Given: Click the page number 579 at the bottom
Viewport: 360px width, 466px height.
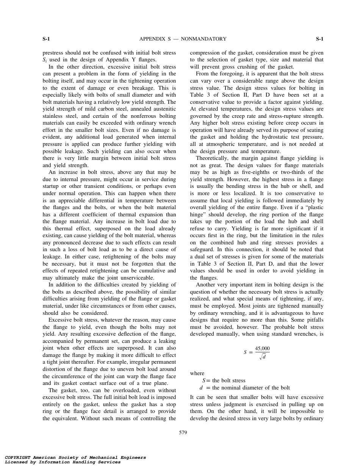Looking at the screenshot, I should pyautogui.click(x=183, y=432).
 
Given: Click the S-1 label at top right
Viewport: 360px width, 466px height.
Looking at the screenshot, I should pyautogui.click(x=319, y=39).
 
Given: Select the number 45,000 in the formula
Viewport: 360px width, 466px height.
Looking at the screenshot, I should pyautogui.click(x=262, y=348).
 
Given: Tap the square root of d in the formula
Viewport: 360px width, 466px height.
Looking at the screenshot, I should pyautogui.click(x=262, y=356).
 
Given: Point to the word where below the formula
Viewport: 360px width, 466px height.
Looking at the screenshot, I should pyautogui.click(x=197, y=373).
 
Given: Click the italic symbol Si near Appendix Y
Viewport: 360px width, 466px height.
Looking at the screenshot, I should pyautogui.click(x=45, y=60).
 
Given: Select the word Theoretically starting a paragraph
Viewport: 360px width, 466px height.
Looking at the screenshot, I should pyautogui.click(x=213, y=158).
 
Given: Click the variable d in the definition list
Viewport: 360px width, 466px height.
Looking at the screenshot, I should pyautogui.click(x=201, y=388).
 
